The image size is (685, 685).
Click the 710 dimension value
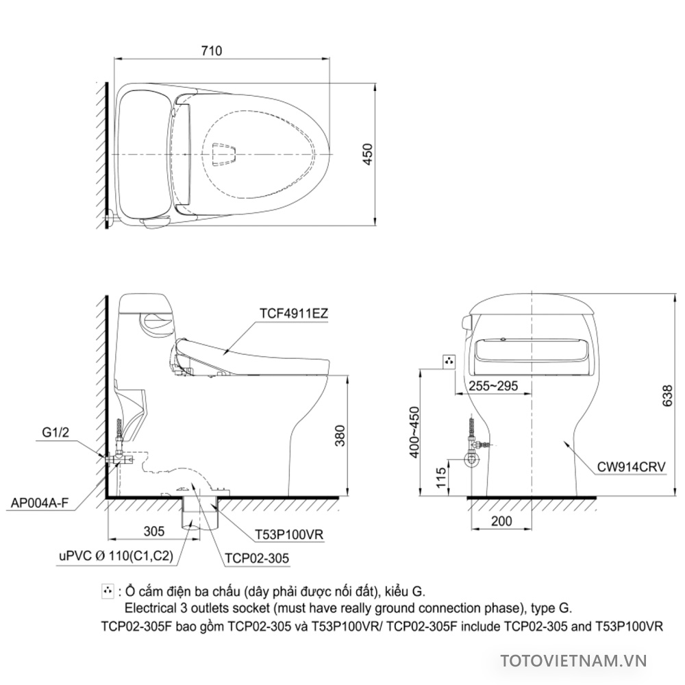tap(212, 51)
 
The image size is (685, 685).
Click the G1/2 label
tap(56, 432)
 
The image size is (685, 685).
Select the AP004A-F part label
tap(40, 503)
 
